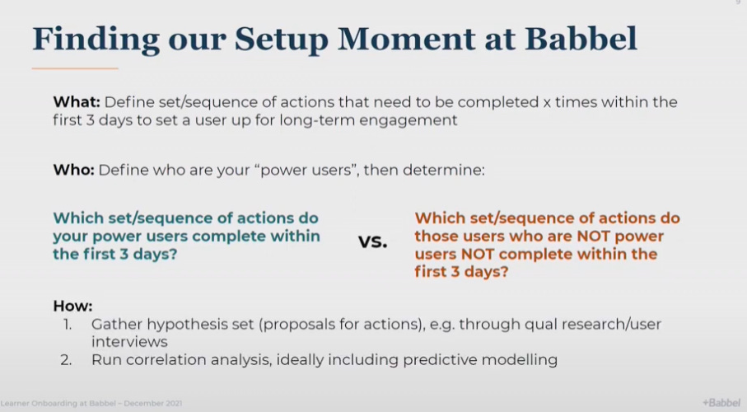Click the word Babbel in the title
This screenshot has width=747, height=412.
(581, 38)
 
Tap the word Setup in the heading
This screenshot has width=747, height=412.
(281, 40)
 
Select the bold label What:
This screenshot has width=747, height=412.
(77, 102)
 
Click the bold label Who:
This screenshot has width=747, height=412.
(74, 170)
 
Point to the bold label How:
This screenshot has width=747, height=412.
(73, 306)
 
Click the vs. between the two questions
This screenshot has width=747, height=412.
(372, 241)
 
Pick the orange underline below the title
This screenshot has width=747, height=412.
(75, 68)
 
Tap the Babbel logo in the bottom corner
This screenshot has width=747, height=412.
(721, 402)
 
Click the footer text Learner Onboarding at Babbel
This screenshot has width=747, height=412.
(58, 404)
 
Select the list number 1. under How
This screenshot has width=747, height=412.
(68, 325)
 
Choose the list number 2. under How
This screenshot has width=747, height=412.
(66, 359)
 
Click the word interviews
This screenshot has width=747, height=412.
(129, 342)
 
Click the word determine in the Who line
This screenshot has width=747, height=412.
(444, 170)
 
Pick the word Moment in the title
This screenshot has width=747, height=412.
(406, 38)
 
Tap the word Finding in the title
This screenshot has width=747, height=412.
(96, 40)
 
